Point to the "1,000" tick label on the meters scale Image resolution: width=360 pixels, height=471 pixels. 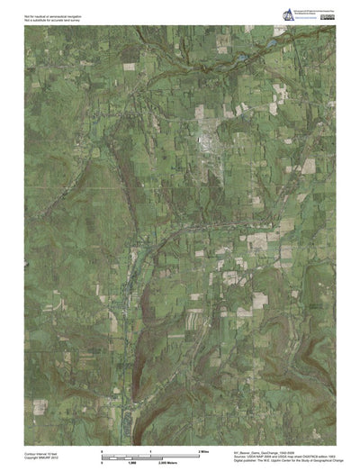click(x=130, y=463)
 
